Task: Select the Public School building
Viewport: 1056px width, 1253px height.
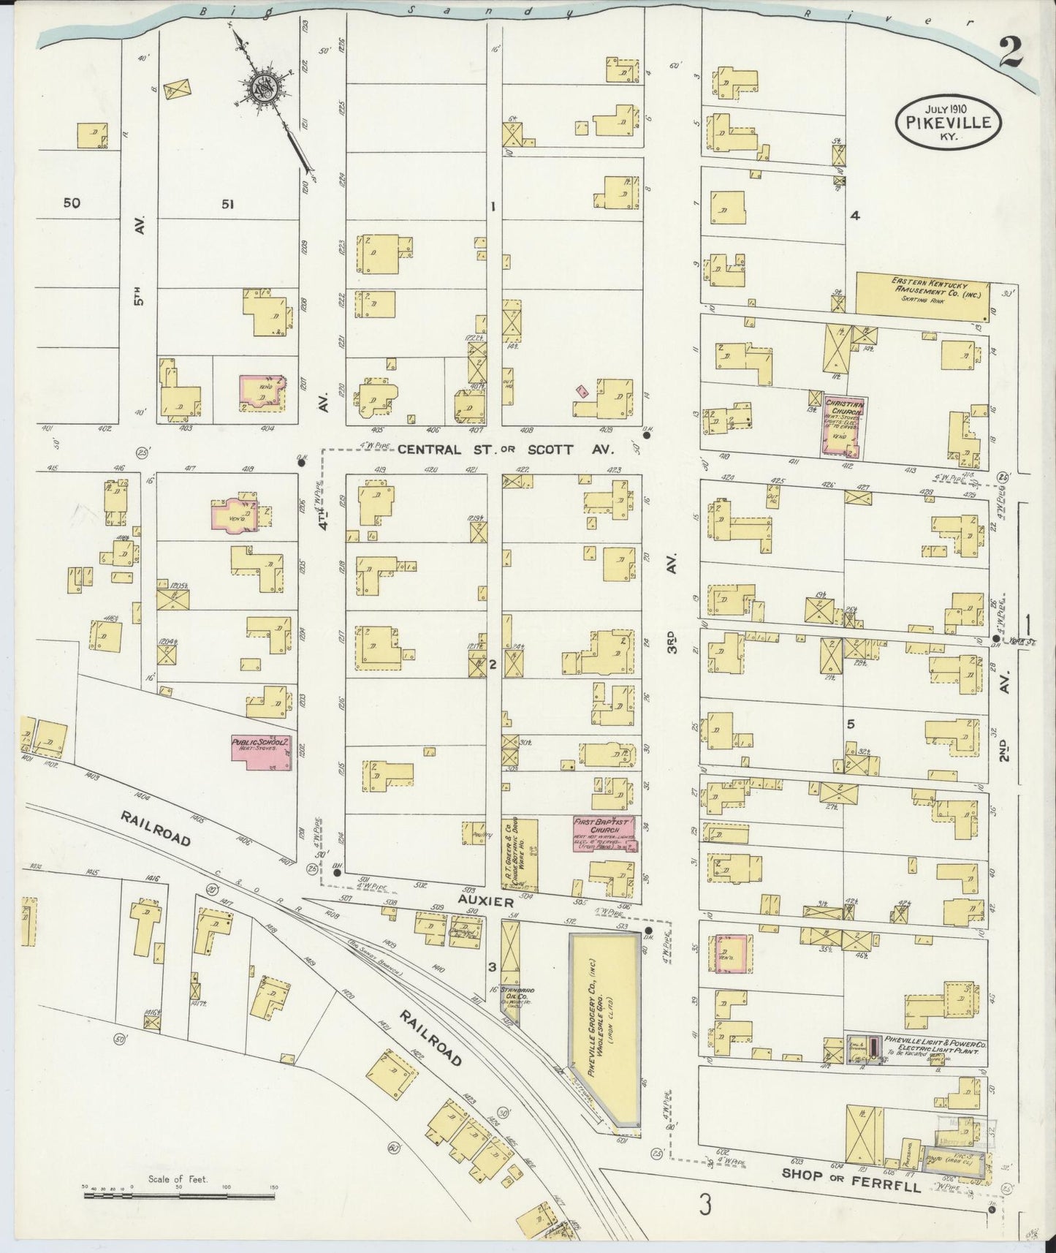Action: pos(262,753)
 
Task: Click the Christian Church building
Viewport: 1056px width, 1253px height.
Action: pos(843,428)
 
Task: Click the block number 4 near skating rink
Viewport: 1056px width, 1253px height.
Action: pos(854,215)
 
